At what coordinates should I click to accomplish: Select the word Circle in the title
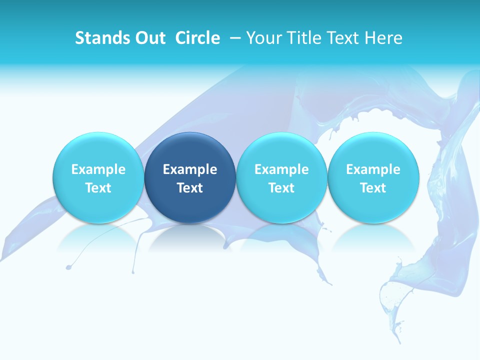pos(197,38)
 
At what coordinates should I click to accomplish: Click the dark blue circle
pos(190,177)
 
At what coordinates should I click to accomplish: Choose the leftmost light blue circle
pos(98,177)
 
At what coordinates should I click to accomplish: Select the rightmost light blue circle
pos(373,177)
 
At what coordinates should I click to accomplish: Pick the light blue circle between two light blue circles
pos(281,177)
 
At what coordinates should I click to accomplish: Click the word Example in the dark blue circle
pos(190,169)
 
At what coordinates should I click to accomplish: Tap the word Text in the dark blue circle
pos(190,188)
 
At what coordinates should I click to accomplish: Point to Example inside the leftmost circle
pos(98,169)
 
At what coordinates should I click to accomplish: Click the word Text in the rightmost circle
pos(373,188)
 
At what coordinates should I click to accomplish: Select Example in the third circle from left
pos(281,169)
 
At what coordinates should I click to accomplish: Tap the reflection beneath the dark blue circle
pos(190,237)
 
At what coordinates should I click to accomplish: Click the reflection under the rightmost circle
pos(373,237)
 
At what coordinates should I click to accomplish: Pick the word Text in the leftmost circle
pos(98,188)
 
